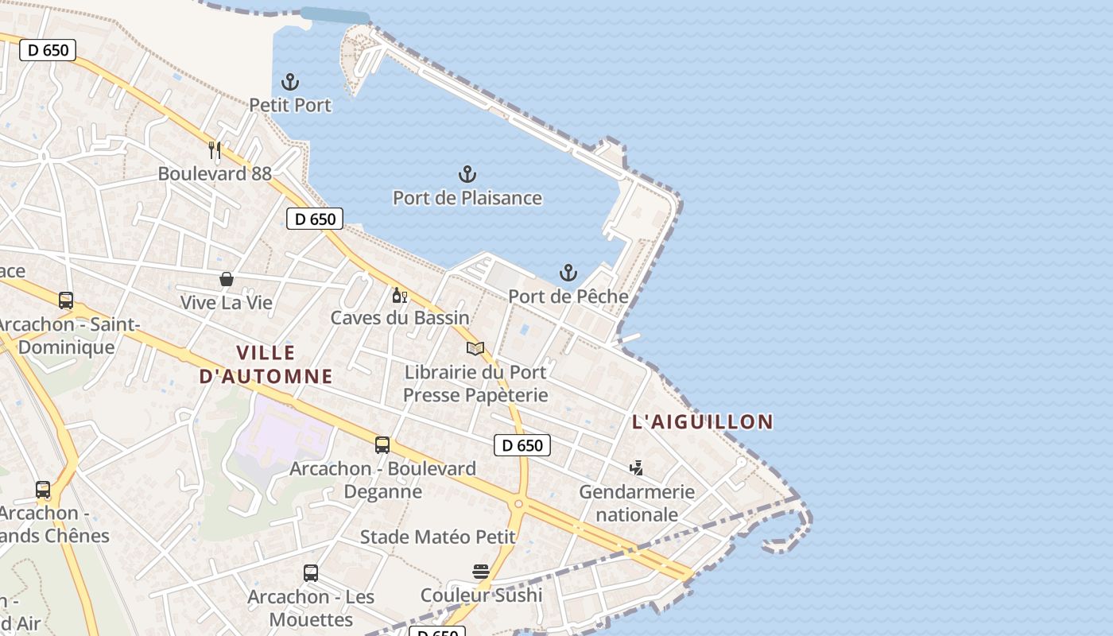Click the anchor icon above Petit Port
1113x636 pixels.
point(290,81)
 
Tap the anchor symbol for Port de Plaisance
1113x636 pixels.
point(467,174)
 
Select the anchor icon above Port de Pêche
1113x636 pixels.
point(568,273)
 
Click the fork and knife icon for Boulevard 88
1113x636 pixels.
point(215,149)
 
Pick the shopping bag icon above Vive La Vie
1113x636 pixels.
point(227,279)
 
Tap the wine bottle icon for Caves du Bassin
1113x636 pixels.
point(399,295)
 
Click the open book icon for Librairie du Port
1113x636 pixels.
point(475,348)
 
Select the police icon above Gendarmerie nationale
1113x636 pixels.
point(636,467)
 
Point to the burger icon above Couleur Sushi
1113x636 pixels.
point(481,572)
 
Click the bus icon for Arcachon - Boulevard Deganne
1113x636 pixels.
point(382,445)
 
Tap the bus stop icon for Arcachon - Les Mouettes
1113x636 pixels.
point(311,572)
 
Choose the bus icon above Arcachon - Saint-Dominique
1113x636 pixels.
point(66,301)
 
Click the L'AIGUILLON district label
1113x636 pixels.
point(703,422)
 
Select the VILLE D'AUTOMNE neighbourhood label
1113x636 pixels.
point(266,364)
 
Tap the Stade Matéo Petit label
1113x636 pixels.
point(438,537)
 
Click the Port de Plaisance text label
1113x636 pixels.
point(467,198)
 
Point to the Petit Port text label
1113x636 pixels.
point(290,105)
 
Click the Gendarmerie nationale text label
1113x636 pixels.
point(637,503)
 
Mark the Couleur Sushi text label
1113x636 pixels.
point(481,595)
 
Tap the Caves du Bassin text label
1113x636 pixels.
point(400,318)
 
